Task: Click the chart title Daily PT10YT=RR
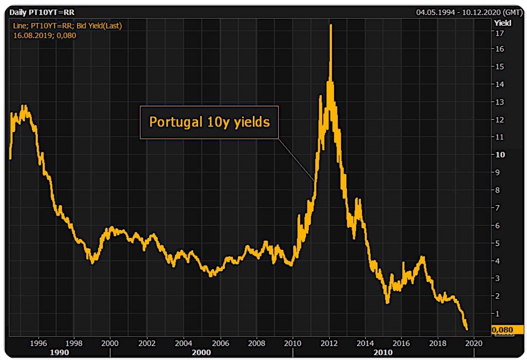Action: [42, 13]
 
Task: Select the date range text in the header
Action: [469, 13]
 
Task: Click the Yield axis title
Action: [503, 23]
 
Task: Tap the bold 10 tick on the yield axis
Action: [500, 155]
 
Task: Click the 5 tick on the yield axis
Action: [498, 243]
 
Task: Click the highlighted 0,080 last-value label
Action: [502, 330]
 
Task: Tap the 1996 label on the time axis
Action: [39, 343]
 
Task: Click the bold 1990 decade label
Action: [59, 352]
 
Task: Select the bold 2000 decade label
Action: [201, 352]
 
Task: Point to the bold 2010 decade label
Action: [383, 352]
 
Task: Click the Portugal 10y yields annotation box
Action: [209, 122]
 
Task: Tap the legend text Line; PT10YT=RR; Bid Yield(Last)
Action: [68, 26]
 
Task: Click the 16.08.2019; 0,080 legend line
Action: [45, 36]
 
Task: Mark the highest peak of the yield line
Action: [331, 25]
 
